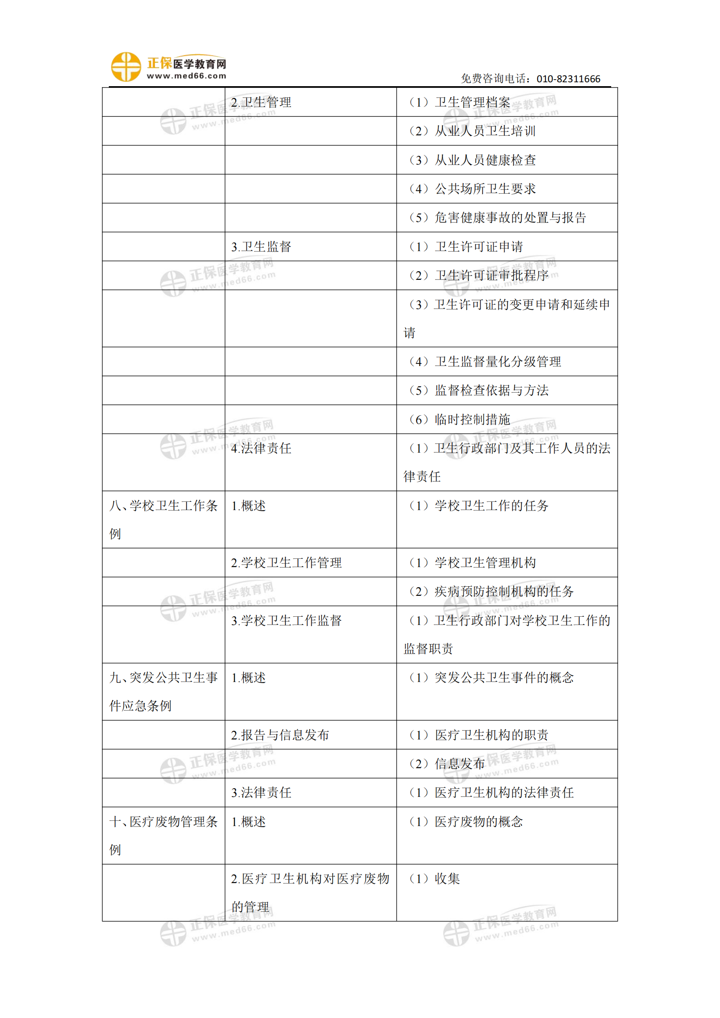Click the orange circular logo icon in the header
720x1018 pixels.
click(x=125, y=67)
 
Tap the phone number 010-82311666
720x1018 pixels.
click(x=568, y=79)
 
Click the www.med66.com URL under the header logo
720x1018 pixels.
click(x=187, y=76)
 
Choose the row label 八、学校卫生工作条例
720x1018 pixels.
click(x=163, y=519)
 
